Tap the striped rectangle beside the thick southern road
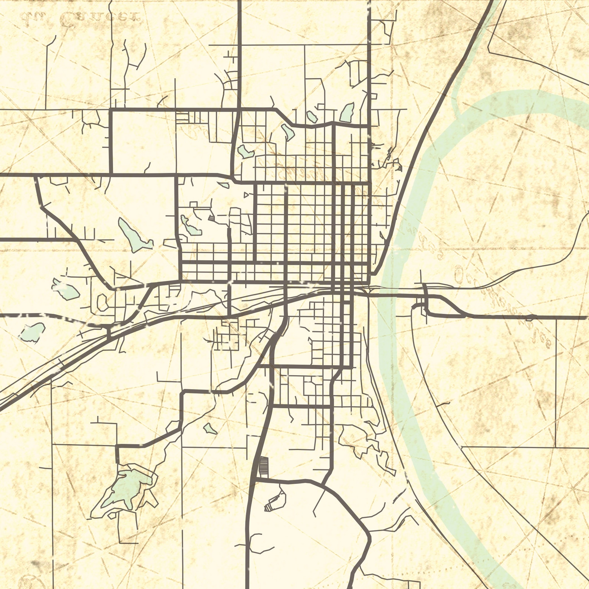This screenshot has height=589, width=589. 263,467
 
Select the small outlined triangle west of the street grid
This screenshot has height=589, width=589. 246,194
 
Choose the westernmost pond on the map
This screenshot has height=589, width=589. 32,332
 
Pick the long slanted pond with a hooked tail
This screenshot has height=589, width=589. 134,235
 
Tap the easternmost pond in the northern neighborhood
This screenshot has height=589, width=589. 347,113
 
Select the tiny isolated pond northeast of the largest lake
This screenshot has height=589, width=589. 210,429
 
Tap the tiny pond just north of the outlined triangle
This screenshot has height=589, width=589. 224,184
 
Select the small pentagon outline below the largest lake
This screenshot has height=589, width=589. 111,516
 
